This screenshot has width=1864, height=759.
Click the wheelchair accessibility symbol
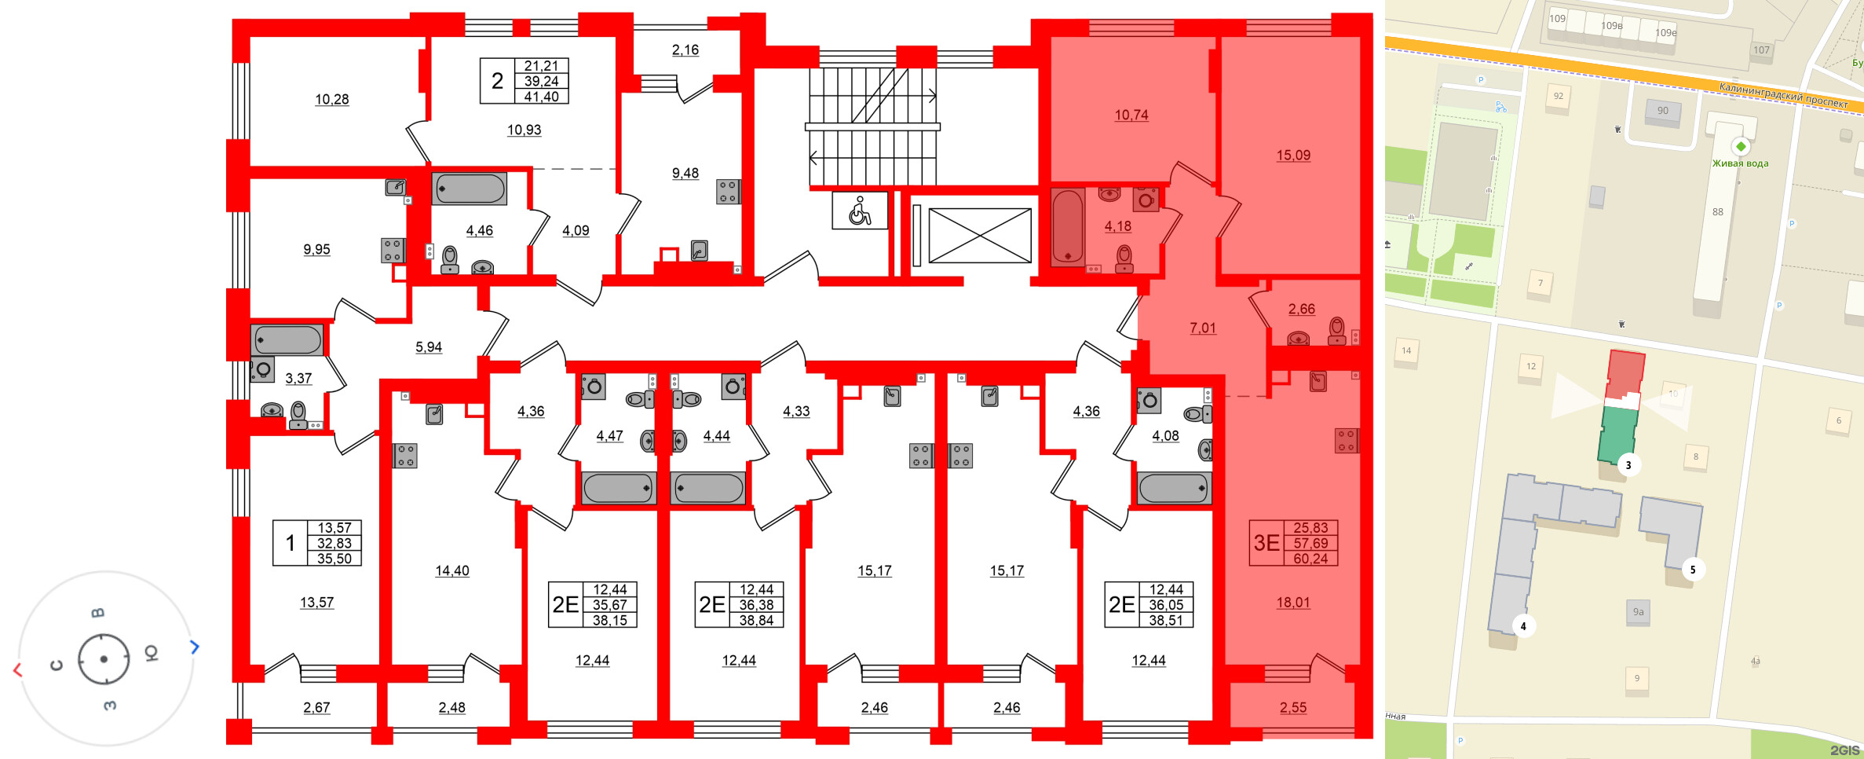click(860, 211)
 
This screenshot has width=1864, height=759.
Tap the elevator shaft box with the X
click(979, 236)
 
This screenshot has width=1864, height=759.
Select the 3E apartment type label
click(1266, 543)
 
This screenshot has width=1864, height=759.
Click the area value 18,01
click(1292, 603)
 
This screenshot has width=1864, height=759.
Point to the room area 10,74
click(1131, 115)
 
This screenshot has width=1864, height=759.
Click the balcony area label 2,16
click(685, 49)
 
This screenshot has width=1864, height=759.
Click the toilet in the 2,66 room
click(1336, 331)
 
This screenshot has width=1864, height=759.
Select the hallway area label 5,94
click(429, 346)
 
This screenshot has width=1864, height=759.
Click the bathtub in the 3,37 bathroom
click(287, 340)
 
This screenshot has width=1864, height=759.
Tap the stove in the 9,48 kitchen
click(727, 192)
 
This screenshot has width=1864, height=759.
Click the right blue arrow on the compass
click(195, 647)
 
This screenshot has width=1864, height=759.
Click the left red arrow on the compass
click(17, 669)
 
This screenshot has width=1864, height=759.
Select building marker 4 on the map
click(1523, 626)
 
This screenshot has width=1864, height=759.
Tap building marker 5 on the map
click(1692, 570)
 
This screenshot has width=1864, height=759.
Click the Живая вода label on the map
click(1740, 163)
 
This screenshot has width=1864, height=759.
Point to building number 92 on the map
click(1558, 96)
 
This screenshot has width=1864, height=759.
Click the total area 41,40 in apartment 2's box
click(541, 97)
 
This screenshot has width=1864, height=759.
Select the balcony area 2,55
click(1292, 707)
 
